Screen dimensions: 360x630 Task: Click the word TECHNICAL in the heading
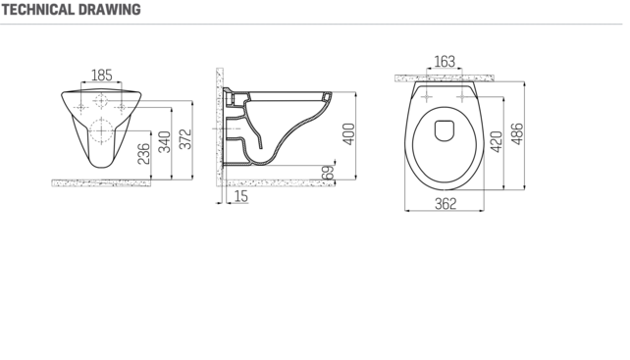tap(38, 10)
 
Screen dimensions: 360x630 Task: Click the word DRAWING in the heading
tap(109, 10)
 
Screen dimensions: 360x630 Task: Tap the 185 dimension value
tap(101, 75)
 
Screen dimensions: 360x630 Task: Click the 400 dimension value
tap(347, 133)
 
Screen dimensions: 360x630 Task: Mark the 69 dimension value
tap(329, 174)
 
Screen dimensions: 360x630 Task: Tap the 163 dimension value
tap(445, 62)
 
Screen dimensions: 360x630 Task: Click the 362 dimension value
tap(446, 204)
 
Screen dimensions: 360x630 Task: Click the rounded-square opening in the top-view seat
tap(446, 129)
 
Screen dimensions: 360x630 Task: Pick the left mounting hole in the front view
tap(82, 103)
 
